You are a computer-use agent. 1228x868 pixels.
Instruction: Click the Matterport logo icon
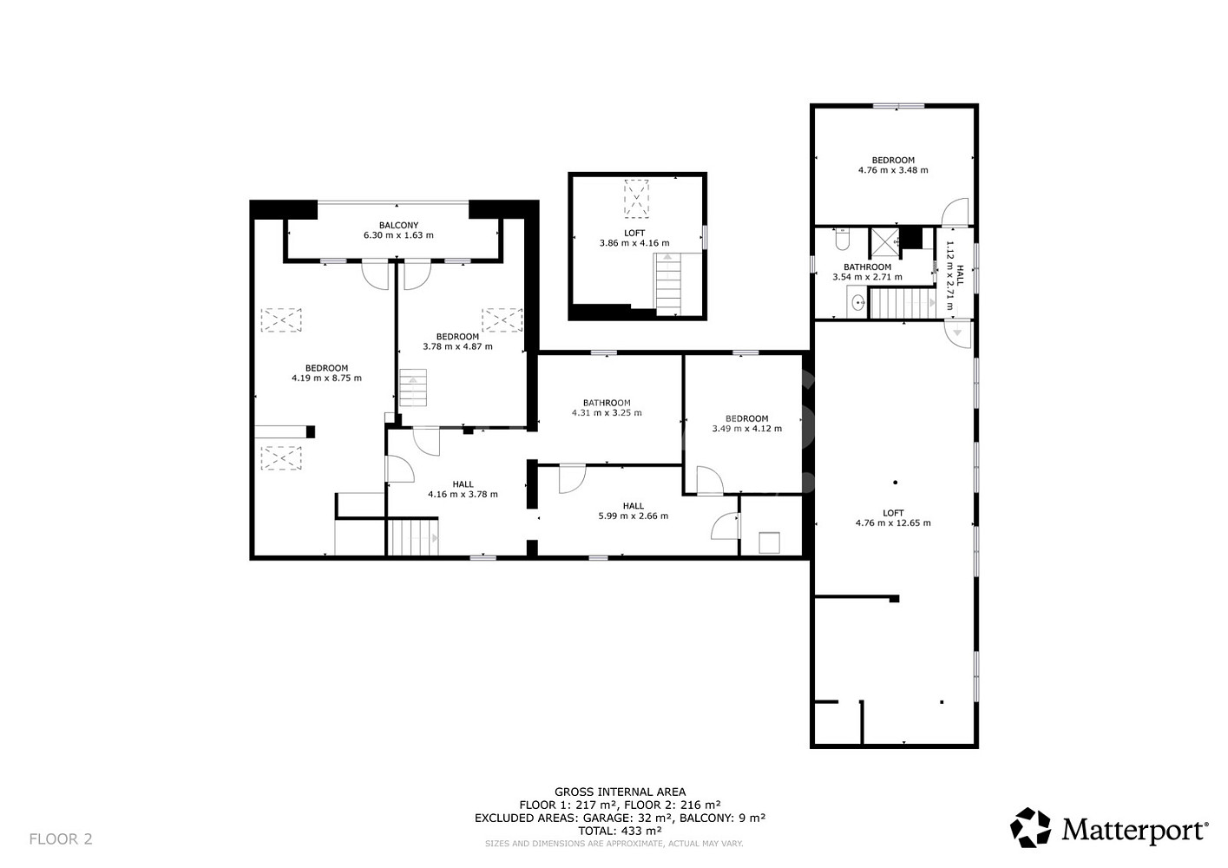tap(1031, 827)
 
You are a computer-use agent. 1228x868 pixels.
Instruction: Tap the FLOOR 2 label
tap(61, 839)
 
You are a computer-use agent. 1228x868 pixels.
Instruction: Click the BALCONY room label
tap(398, 226)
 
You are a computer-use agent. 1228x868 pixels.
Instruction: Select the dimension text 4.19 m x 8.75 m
tap(326, 378)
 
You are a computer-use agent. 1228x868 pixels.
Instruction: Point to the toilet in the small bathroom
tap(842, 240)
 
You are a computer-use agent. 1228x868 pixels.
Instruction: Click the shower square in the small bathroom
tap(885, 242)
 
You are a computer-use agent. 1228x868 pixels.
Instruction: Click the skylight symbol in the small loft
tap(636, 199)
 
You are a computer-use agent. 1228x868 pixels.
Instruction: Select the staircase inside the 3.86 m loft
tap(667, 284)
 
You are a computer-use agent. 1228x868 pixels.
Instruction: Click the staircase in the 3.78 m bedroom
tap(413, 388)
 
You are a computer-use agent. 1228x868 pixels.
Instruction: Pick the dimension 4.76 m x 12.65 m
tap(893, 523)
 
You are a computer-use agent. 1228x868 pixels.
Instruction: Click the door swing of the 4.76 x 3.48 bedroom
tap(955, 212)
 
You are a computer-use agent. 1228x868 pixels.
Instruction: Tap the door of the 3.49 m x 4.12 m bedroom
tap(710, 480)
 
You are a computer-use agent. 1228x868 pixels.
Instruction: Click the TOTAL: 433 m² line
tap(620, 831)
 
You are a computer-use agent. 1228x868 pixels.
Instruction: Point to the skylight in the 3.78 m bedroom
tap(502, 320)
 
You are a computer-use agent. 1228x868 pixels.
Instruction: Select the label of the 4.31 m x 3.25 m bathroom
tap(607, 403)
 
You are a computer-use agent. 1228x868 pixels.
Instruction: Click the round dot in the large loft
tap(896, 483)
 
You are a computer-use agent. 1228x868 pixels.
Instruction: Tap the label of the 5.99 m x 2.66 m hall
tap(634, 506)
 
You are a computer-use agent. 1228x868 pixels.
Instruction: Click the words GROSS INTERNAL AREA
tap(620, 792)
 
